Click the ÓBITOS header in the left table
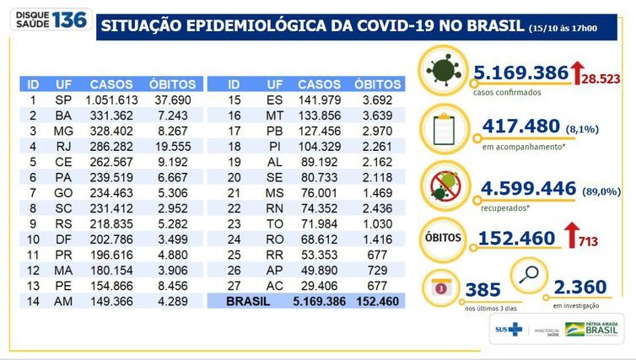pyautogui.click(x=172, y=85)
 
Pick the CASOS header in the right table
pyautogui.click(x=320, y=85)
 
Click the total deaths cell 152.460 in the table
pyautogui.click(x=375, y=299)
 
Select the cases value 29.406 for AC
pyautogui.click(x=320, y=285)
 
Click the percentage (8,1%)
pyautogui.click(x=581, y=127)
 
